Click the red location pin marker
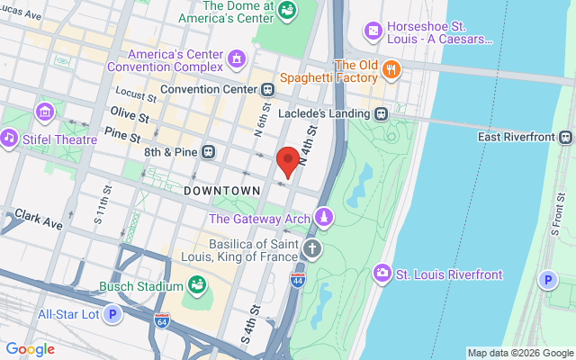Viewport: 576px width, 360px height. [288, 159]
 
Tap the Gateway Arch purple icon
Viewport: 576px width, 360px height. [323, 218]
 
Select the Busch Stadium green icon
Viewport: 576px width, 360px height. [196, 287]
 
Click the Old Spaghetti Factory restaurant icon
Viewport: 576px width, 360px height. [391, 68]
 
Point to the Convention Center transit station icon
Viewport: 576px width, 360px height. [268, 90]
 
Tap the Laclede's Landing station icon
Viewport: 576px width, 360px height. [382, 113]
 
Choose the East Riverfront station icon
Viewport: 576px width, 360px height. [564, 137]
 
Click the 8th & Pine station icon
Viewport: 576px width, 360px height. [209, 151]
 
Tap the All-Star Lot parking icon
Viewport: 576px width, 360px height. [112, 314]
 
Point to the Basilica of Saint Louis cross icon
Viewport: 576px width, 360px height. [311, 249]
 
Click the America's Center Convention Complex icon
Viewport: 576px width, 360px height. [236, 59]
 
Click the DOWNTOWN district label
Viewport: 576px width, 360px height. [221, 191]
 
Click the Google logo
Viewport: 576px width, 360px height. [30, 349]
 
